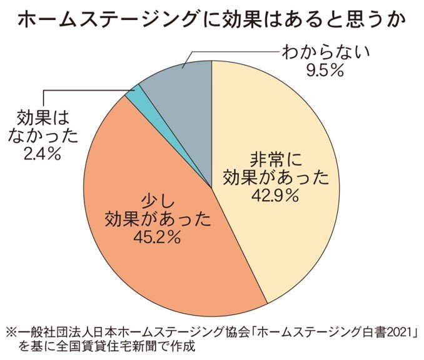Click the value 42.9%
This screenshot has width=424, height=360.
click(275, 195)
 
